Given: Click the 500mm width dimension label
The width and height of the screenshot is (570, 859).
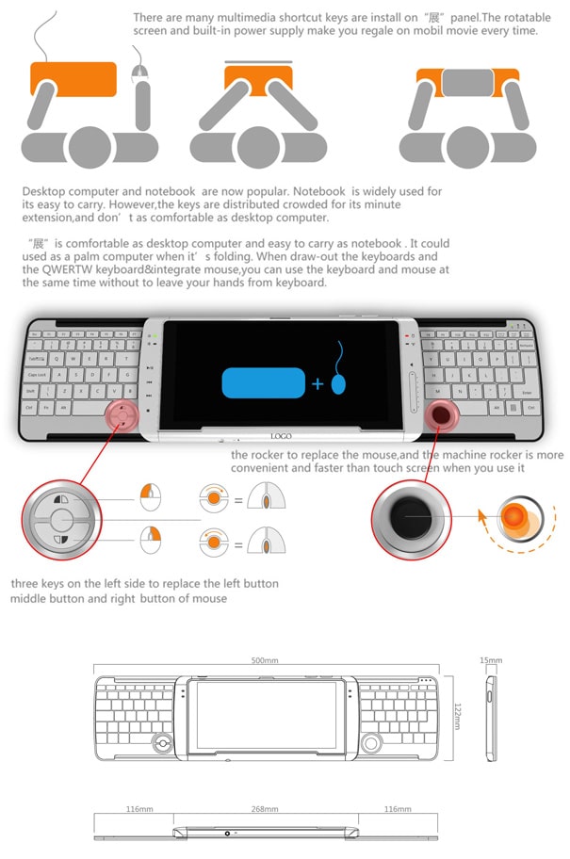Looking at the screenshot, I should (266, 660).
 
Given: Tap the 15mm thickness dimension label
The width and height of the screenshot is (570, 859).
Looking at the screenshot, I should (490, 660).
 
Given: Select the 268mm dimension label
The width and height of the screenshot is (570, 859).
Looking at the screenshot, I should (265, 809).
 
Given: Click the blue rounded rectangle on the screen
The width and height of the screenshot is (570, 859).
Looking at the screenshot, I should (263, 382).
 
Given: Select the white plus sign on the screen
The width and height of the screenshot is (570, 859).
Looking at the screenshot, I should (318, 384).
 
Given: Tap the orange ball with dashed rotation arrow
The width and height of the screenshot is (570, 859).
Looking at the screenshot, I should (515, 517).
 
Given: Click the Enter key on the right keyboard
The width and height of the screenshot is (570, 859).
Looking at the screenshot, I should (526, 392).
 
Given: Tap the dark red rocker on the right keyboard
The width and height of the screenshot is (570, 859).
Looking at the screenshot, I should (441, 413).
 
